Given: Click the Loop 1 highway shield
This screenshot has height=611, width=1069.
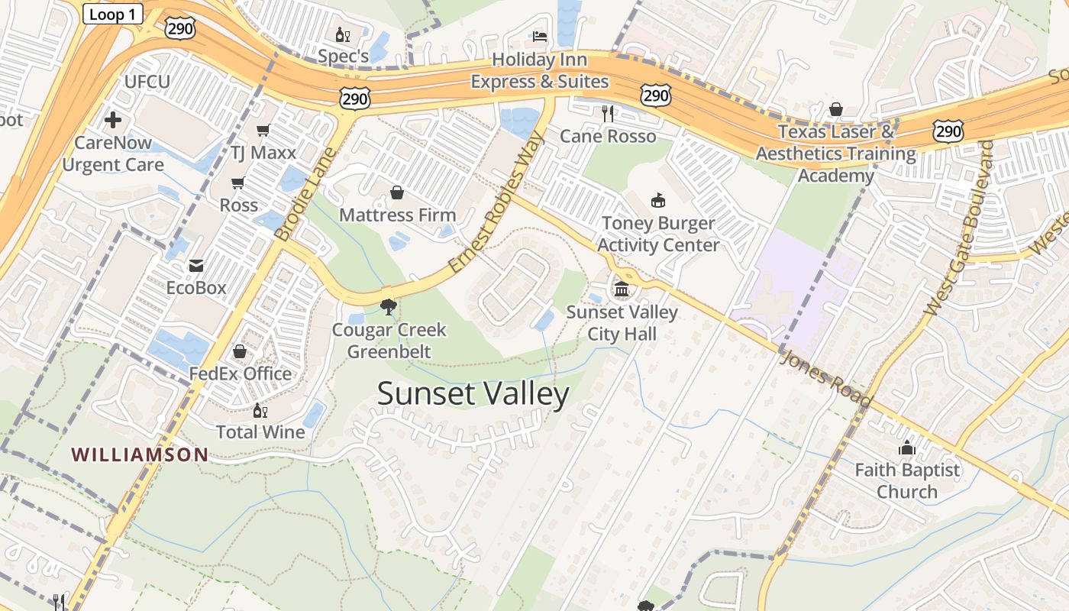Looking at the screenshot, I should (112, 14).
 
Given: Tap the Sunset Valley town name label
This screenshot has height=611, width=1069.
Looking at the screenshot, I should (473, 394).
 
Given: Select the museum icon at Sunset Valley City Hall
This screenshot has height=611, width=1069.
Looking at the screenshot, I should (622, 289).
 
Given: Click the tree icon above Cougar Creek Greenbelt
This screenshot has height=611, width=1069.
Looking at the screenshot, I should (389, 307).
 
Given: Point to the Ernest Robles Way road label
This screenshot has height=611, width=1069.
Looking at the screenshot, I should (496, 202).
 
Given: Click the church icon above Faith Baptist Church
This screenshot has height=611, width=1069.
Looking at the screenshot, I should (907, 448).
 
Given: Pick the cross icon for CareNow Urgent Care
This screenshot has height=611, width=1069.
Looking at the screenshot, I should (113, 120).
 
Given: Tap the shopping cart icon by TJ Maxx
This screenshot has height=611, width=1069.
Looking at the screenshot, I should (263, 130).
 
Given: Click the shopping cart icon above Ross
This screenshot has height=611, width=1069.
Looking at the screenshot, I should (238, 183).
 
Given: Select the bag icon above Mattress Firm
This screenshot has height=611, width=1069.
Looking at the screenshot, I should (397, 192).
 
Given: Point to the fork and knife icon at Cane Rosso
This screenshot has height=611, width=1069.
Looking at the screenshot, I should (608, 114).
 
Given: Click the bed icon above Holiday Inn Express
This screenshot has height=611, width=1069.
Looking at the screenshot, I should (539, 37).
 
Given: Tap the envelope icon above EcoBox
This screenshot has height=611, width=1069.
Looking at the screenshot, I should (196, 265).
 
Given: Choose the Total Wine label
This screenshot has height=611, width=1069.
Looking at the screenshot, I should (260, 432).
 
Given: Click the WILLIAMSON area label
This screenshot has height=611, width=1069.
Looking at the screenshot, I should (140, 454).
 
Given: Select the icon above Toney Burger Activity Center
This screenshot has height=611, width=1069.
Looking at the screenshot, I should (657, 200).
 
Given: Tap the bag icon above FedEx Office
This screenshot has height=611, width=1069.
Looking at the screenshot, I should (240, 351).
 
